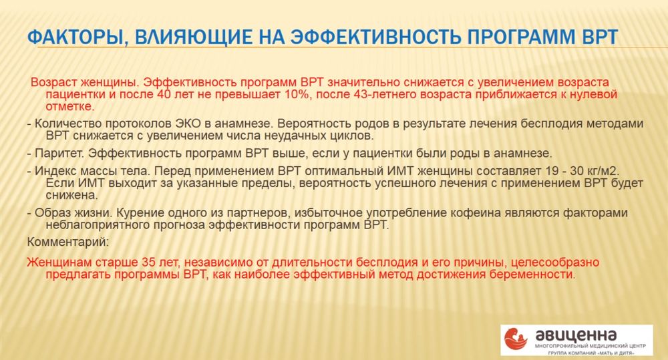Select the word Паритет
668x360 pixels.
click(58, 153)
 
